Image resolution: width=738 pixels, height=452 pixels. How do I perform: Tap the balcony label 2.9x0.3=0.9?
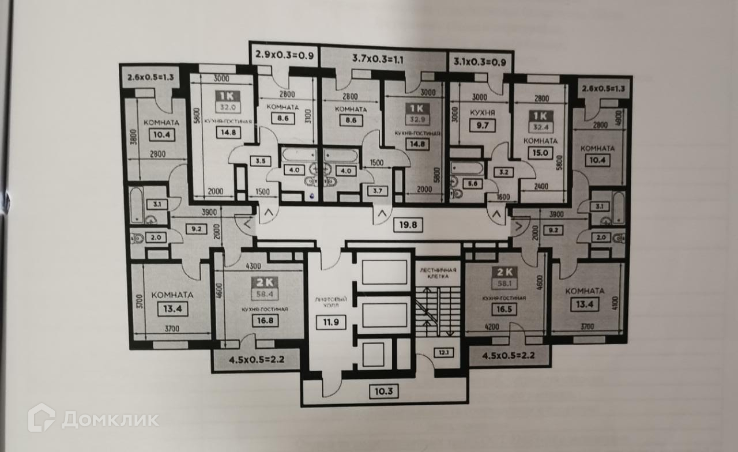[x=285, y=55]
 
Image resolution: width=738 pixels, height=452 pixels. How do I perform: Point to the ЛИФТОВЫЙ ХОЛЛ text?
[x=330, y=303]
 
